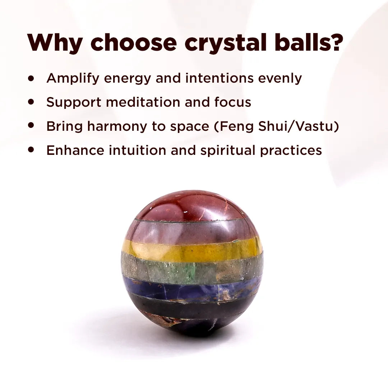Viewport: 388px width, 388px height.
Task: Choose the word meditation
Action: (144, 102)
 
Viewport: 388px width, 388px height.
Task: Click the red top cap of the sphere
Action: (190, 207)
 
